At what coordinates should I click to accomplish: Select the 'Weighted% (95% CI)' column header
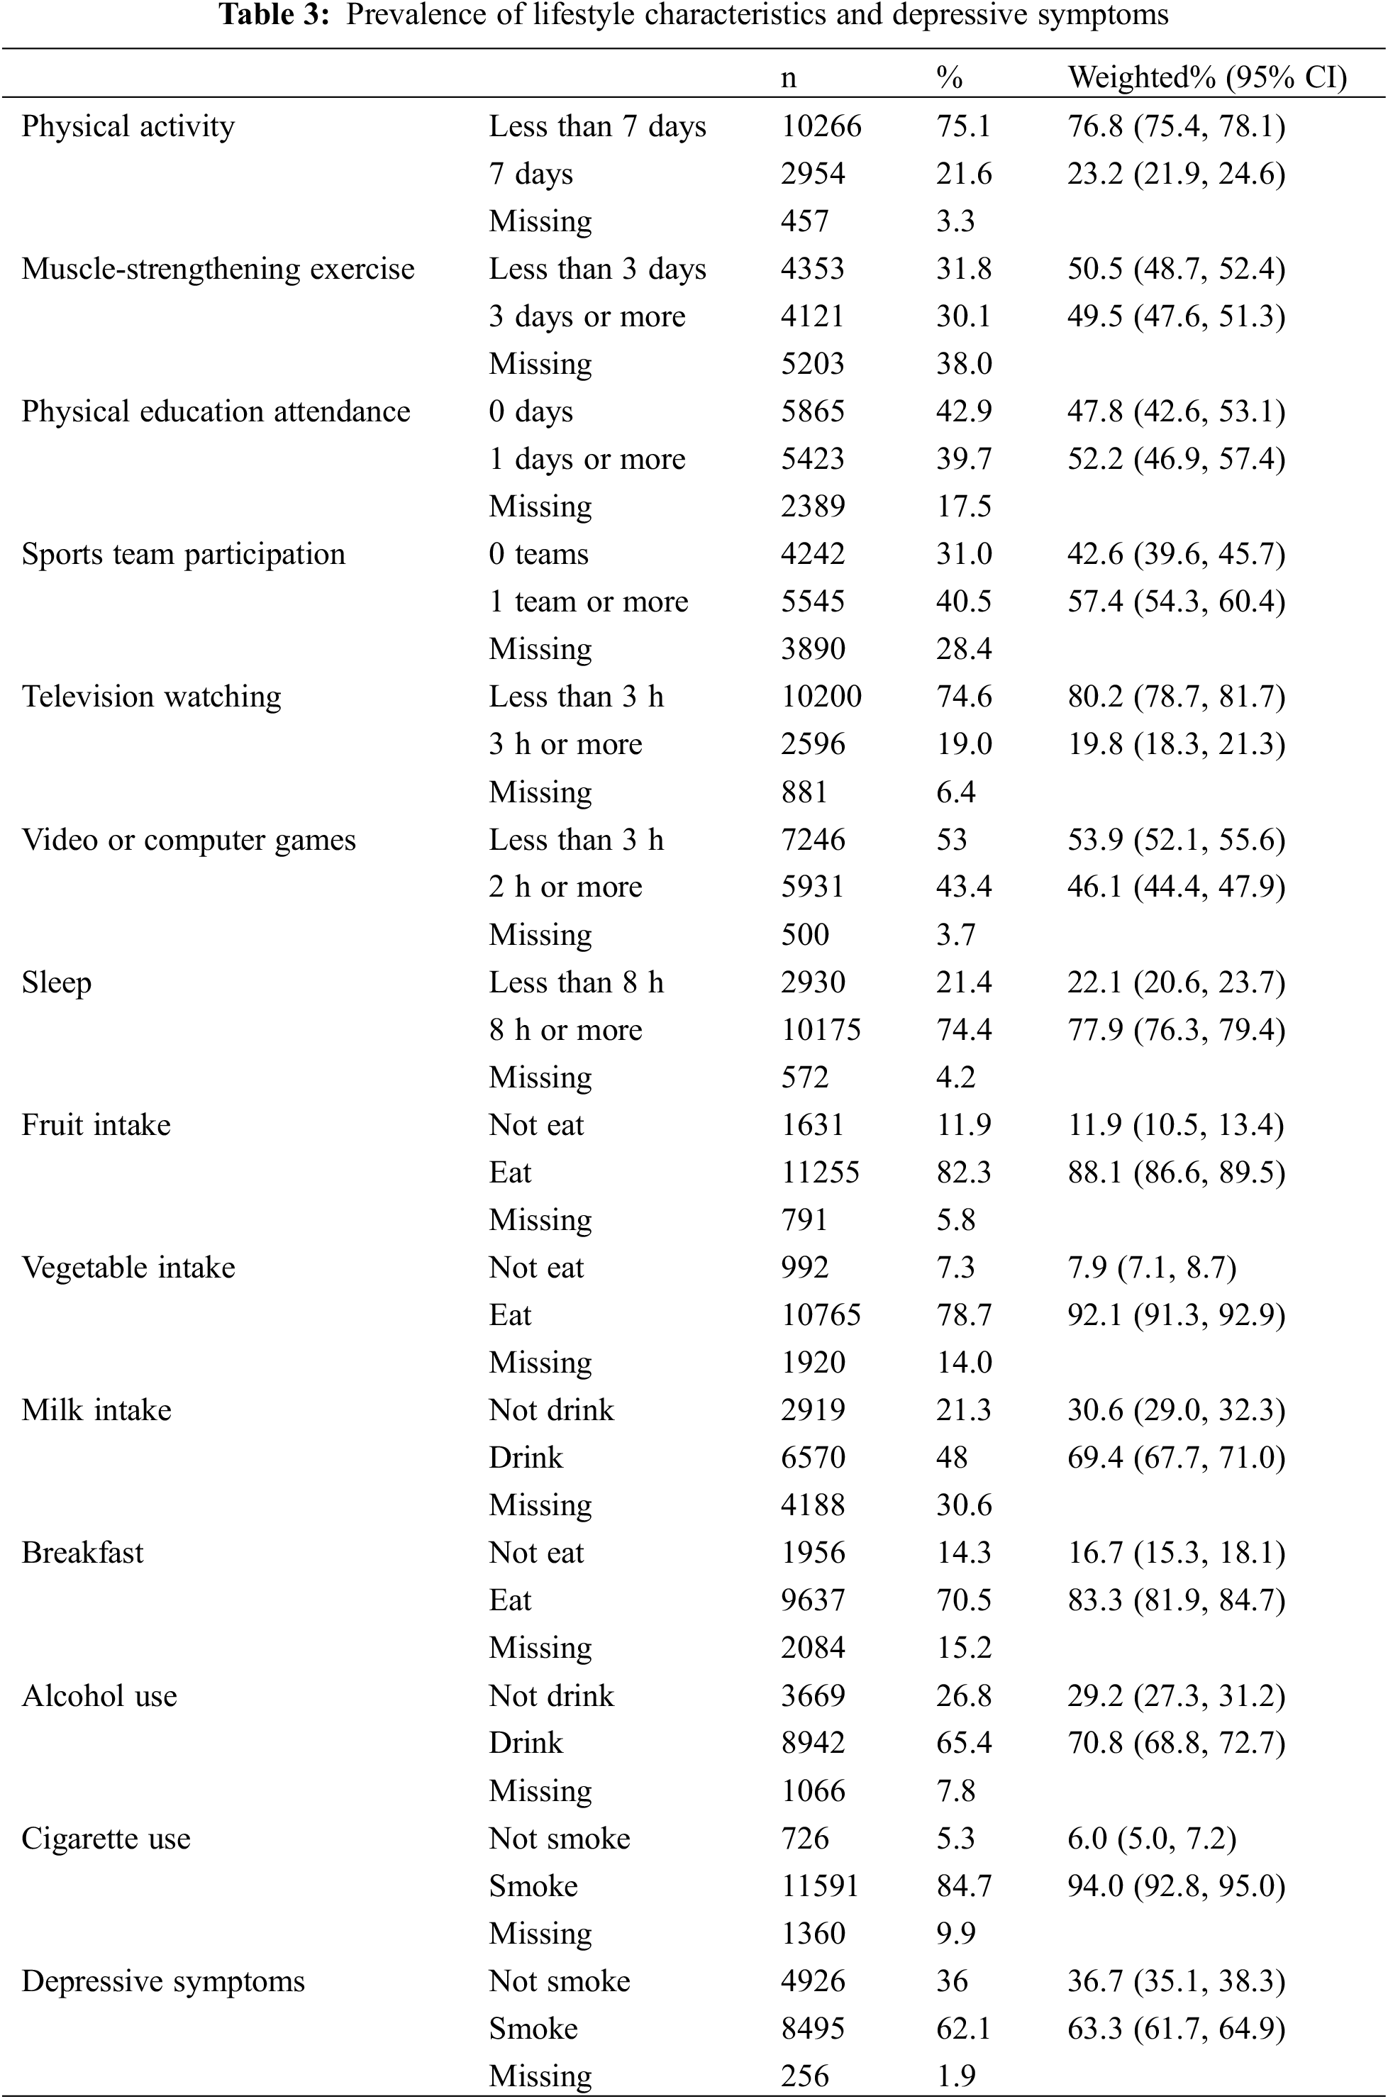click(1206, 78)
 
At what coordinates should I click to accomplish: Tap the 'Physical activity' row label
click(128, 126)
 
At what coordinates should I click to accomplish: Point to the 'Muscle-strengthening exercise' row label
click(218, 269)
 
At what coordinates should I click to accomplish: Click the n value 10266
click(821, 126)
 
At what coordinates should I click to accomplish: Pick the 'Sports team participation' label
click(183, 554)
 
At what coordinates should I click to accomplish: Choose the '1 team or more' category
click(588, 602)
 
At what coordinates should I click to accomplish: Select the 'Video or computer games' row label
click(189, 840)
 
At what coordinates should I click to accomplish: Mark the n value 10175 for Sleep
click(821, 1031)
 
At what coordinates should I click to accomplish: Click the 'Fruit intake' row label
click(96, 1125)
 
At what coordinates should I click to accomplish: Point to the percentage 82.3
click(963, 1173)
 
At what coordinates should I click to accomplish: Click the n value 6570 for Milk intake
click(813, 1458)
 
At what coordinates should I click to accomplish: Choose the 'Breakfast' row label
click(82, 1553)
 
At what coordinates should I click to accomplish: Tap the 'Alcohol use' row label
click(99, 1696)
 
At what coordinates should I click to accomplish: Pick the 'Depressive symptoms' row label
click(163, 1981)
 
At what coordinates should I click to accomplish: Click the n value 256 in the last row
click(805, 2076)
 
